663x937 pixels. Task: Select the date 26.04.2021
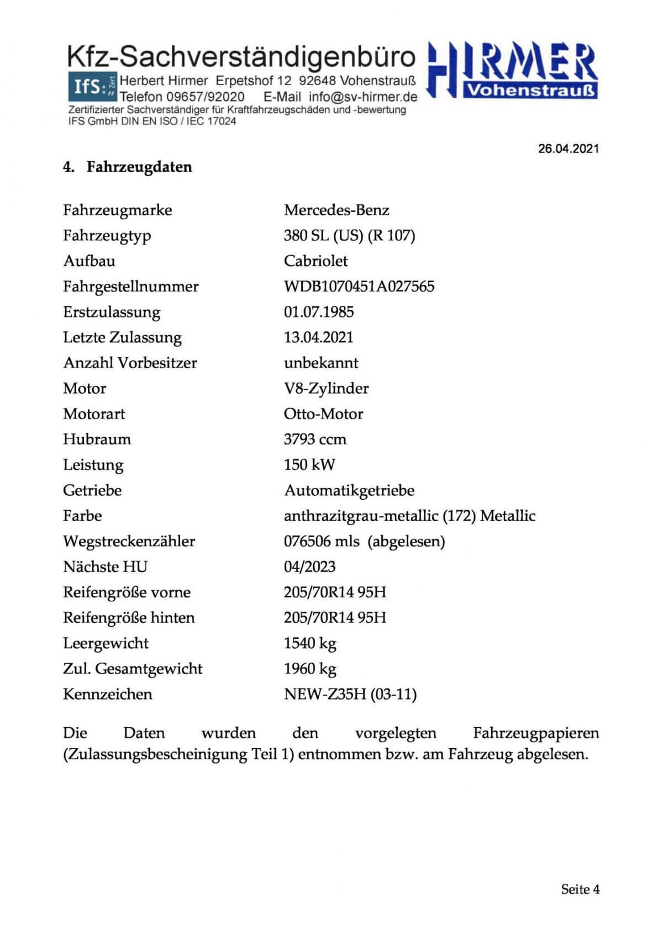(568, 149)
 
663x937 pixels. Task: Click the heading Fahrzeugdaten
(139, 167)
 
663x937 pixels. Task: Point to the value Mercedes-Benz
(336, 210)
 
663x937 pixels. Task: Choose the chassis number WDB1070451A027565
(359, 286)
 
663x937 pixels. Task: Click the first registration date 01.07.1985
(318, 311)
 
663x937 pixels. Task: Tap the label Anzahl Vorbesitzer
(130, 363)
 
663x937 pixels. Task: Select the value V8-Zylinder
(326, 388)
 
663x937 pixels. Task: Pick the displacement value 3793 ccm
(315, 439)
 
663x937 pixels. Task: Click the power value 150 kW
(309, 464)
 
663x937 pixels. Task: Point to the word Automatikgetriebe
(349, 490)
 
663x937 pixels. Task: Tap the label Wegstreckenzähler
(129, 541)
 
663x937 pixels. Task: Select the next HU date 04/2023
(309, 567)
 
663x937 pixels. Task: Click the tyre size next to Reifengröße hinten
(335, 617)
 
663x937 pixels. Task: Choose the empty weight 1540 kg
(310, 643)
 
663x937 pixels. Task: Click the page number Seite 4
(580, 889)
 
